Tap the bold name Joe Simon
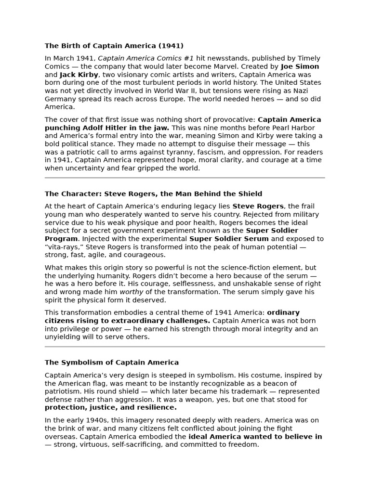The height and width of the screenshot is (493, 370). pyautogui.click(x=300, y=66)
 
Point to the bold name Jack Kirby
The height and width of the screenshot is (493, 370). pyautogui.click(x=79, y=75)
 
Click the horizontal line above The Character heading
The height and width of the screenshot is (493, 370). pyautogui.click(x=185, y=178)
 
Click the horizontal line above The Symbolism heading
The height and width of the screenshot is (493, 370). pyautogui.click(x=185, y=346)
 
